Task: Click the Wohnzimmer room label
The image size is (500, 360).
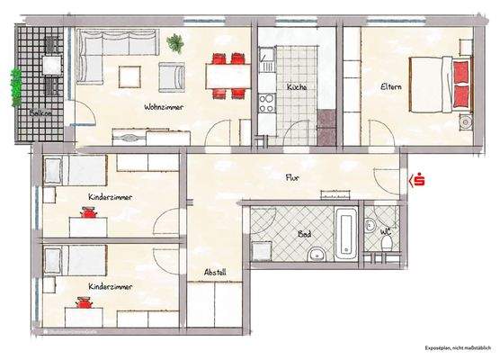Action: (164, 106)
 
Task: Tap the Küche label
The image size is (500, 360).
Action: (297, 87)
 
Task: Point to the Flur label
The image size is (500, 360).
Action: (292, 177)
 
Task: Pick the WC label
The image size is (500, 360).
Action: (385, 231)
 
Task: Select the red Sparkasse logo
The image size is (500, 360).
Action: (416, 181)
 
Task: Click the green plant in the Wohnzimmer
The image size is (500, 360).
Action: (174, 41)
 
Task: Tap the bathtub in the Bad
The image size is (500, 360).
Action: (347, 235)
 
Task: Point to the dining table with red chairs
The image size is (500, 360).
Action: (226, 75)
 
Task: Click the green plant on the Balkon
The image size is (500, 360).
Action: (15, 85)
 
